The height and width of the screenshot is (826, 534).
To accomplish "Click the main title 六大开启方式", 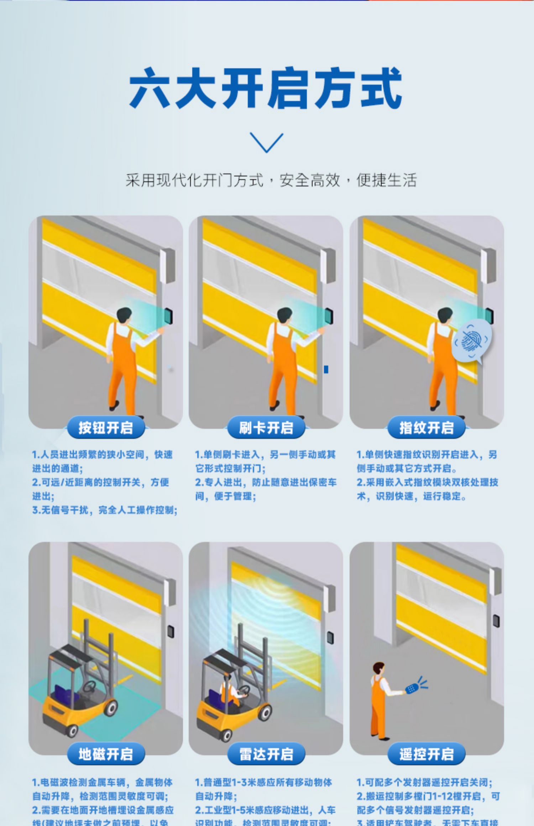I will pyautogui.click(x=266, y=88).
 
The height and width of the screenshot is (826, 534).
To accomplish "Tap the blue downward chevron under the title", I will pyautogui.click(x=266, y=142).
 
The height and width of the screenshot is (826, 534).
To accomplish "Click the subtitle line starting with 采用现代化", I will pyautogui.click(x=271, y=180).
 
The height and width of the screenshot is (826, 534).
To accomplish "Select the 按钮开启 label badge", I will pyautogui.click(x=106, y=428).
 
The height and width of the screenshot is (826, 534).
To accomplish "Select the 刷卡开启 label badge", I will pyautogui.click(x=266, y=428).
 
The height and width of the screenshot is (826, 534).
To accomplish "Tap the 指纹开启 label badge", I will pyautogui.click(x=426, y=428).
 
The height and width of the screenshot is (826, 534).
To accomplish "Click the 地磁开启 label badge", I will pyautogui.click(x=106, y=754).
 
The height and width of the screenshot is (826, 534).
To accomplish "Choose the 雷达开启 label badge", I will pyautogui.click(x=266, y=754).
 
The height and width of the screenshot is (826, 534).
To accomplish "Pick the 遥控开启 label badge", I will pyautogui.click(x=426, y=754).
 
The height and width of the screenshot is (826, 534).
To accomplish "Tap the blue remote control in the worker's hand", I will pyautogui.click(x=412, y=689).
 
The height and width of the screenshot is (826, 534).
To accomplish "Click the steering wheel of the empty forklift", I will pyautogui.click(x=89, y=685).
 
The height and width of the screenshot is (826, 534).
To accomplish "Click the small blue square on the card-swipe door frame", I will pyautogui.click(x=326, y=370).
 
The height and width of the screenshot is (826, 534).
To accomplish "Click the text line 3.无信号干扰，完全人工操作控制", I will pyautogui.click(x=105, y=510).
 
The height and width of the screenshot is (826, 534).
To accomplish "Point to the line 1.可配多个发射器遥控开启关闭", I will pyautogui.click(x=424, y=782).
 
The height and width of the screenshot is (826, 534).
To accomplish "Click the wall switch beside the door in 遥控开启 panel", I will pyautogui.click(x=496, y=621).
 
